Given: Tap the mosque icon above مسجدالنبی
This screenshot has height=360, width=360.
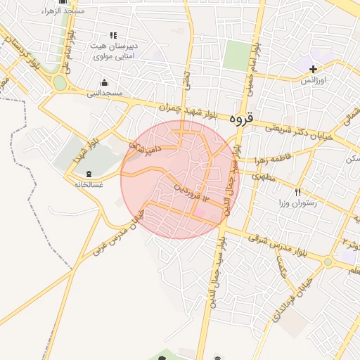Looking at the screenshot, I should click(105, 82).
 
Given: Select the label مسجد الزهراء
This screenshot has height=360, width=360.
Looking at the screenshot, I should click(63, 11).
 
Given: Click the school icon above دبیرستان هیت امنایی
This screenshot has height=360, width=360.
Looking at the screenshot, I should click(112, 35).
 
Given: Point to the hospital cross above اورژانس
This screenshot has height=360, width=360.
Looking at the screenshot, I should click(314, 69).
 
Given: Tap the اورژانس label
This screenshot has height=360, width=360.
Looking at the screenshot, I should click(316, 81).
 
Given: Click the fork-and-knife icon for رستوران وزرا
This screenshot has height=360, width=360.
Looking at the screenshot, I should click(298, 193).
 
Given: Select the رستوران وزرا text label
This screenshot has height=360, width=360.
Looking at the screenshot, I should click(300, 203).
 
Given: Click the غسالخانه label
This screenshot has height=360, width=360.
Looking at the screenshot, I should click(89, 184).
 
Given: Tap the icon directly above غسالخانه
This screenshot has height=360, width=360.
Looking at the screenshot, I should click(89, 173).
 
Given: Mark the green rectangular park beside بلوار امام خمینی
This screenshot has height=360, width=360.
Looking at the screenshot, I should click(238, 55).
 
